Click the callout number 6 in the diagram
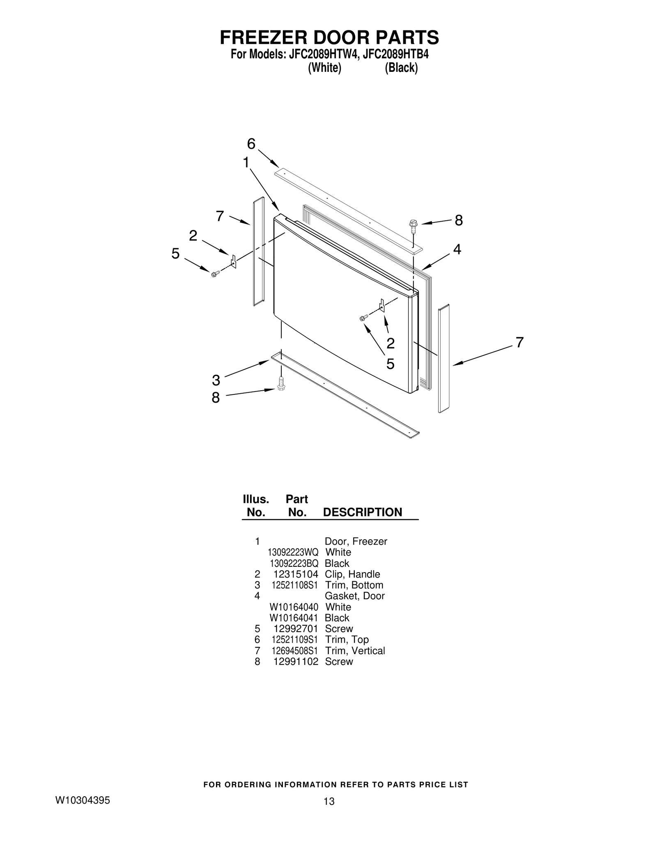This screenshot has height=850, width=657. (x=251, y=144)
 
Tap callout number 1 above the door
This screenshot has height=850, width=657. (x=246, y=163)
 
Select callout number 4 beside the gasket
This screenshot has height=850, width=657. (x=457, y=249)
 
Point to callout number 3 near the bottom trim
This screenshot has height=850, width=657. (x=216, y=380)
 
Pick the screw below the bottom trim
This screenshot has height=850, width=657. (x=281, y=384)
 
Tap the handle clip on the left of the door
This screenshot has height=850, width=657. (x=234, y=261)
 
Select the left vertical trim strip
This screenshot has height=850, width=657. (x=258, y=251)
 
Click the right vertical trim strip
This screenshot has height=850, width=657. (x=443, y=358)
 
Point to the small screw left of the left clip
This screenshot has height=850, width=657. (x=214, y=274)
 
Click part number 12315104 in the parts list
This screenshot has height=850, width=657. (x=296, y=574)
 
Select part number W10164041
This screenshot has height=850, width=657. (x=294, y=618)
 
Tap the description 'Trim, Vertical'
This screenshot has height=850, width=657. (x=355, y=651)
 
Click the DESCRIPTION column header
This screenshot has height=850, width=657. (x=363, y=512)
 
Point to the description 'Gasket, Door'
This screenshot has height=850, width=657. (x=355, y=596)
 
